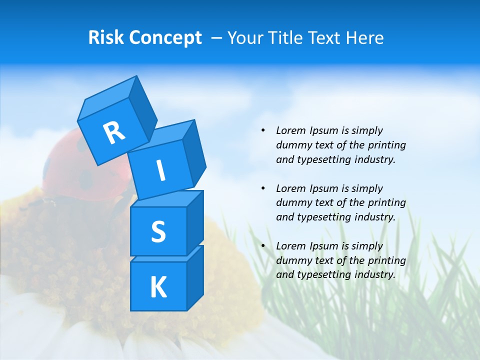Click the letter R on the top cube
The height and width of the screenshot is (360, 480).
pyautogui.click(x=114, y=132)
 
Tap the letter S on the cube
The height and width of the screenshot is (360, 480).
pyautogui.click(x=158, y=232)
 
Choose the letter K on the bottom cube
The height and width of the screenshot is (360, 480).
pyautogui.click(x=158, y=287)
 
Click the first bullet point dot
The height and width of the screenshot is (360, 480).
pyautogui.click(x=263, y=130)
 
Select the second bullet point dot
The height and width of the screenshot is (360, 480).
pyautogui.click(x=263, y=188)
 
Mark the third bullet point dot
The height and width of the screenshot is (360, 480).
pyautogui.click(x=263, y=246)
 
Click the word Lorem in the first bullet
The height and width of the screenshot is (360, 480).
pyautogui.click(x=290, y=130)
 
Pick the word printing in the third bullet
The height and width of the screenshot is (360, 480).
pyautogui.click(x=387, y=260)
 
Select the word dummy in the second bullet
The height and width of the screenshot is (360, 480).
pyautogui.click(x=292, y=203)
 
